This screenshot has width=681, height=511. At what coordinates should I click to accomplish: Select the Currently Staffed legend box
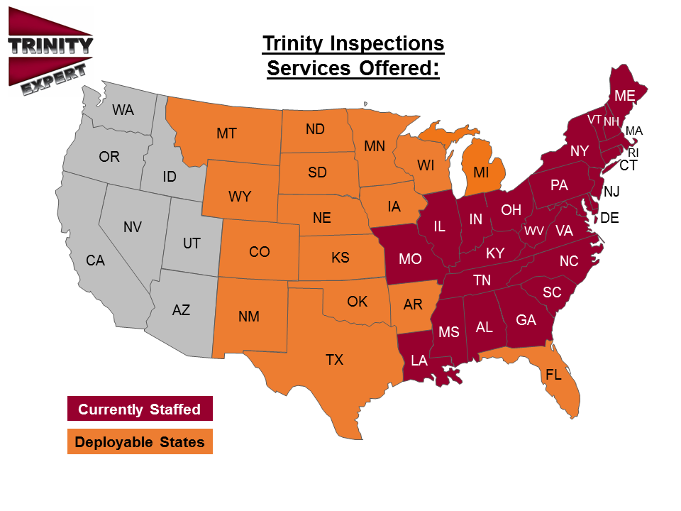pyautogui.click(x=140, y=409)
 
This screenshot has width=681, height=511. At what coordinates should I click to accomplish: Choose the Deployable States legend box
pyautogui.click(x=140, y=442)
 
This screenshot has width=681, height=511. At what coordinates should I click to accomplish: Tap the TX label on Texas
pyautogui.click(x=334, y=360)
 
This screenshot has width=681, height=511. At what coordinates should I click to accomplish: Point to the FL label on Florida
pyautogui.click(x=553, y=375)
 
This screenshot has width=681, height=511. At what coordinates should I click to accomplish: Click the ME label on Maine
pyautogui.click(x=625, y=96)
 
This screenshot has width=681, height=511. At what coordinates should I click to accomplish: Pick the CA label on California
pyautogui.click(x=96, y=260)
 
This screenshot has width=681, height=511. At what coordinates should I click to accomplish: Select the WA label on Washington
pyautogui.click(x=123, y=110)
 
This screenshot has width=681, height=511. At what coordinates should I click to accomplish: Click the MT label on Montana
pyautogui.click(x=226, y=133)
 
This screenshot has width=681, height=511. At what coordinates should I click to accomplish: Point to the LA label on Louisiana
pyautogui.click(x=419, y=360)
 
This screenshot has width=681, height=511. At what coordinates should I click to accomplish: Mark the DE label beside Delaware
pyautogui.click(x=609, y=218)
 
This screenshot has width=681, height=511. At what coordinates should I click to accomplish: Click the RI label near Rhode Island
pyautogui.click(x=633, y=152)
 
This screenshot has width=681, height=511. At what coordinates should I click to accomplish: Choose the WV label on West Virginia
pyautogui.click(x=534, y=231)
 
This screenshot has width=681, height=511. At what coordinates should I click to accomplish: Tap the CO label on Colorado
pyautogui.click(x=260, y=251)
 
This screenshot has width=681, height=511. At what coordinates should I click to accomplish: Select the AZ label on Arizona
pyautogui.click(x=181, y=310)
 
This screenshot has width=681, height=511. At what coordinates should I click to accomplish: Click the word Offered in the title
pyautogui.click(x=392, y=69)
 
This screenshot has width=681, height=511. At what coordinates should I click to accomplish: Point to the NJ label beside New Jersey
pyautogui.click(x=611, y=192)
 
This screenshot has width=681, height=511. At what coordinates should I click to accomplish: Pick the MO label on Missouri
pyautogui.click(x=410, y=258)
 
